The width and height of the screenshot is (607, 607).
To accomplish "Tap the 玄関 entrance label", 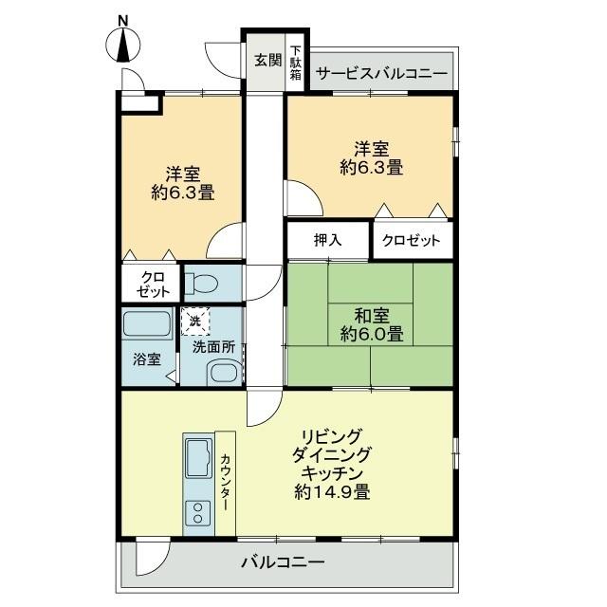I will point(267,60).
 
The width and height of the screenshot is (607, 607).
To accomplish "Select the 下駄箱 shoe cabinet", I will point(296,63).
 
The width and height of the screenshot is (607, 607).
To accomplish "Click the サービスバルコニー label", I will point(381,72).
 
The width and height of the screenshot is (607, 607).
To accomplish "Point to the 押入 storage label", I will point(327,241).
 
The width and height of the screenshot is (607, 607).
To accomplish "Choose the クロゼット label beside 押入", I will point(412,241).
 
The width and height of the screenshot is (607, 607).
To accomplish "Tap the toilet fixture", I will point(204,283).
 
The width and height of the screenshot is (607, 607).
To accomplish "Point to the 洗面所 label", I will point(214,347).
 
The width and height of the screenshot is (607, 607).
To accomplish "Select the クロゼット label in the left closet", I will point(151,284).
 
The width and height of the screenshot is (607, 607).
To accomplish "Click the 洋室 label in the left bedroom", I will point(182,174).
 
